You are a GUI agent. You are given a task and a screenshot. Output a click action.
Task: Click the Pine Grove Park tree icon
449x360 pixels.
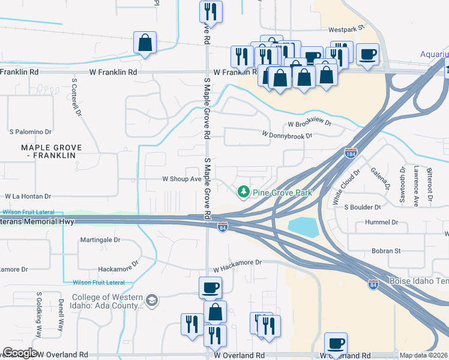point(243,193)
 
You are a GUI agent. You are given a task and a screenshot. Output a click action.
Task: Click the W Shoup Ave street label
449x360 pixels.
point(182,179)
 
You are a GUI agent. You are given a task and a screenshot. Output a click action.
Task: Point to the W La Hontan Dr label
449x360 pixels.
point(29,196)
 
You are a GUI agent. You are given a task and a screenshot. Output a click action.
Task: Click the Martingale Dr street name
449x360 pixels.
point(101,239)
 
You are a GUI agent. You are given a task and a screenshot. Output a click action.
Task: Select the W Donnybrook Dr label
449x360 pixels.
point(287,136)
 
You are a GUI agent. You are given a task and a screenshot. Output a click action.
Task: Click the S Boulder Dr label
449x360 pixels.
point(363,207)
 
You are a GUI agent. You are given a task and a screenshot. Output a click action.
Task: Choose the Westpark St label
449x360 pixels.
point(346,29)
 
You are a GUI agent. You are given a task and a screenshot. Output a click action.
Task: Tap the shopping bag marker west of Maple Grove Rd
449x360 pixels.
point(145,43)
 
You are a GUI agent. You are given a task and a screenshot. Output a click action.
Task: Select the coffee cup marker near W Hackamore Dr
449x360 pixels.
point(210,287)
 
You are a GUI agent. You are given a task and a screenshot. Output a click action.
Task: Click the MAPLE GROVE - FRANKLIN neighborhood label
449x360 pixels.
point(51,151)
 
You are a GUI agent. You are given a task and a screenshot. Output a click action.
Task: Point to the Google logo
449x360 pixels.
point(19,353)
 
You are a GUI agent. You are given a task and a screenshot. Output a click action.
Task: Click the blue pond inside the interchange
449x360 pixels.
point(304,227)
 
